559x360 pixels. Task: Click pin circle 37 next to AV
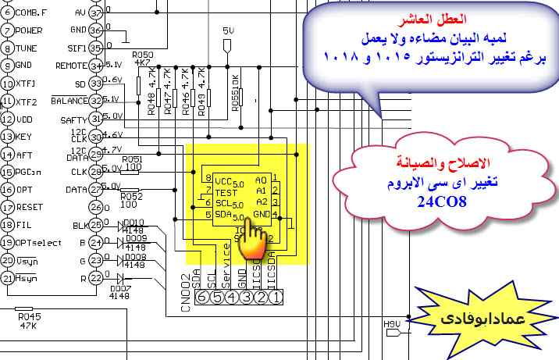[97, 13]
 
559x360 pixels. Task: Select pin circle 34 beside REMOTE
[97, 66]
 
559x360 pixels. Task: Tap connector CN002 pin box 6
[201, 296]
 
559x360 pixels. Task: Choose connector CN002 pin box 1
[275, 296]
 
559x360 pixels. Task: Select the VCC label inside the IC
[225, 179]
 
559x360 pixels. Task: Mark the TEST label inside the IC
[226, 192]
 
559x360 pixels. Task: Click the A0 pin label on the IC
[262, 178]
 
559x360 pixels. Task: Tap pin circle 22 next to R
[96, 277]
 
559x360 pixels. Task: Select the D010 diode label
[135, 223]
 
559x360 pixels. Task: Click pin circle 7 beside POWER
[8, 30]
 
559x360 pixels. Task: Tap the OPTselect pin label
[40, 242]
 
